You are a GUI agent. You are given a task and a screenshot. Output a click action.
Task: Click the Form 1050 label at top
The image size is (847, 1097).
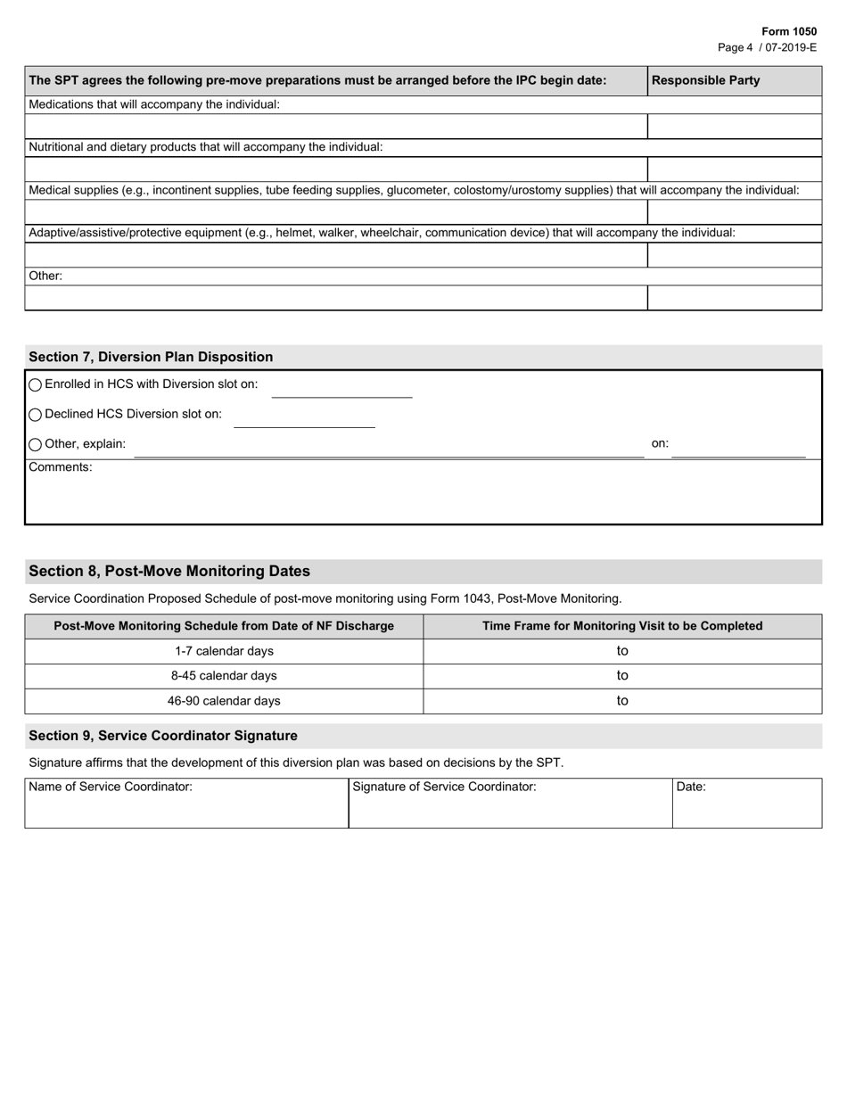pyautogui.click(x=788, y=31)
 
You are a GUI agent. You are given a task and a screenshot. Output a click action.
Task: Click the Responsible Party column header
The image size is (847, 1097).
pyautogui.click(x=705, y=80)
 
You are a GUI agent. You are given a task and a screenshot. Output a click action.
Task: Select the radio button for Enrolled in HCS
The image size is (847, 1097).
pyautogui.click(x=36, y=385)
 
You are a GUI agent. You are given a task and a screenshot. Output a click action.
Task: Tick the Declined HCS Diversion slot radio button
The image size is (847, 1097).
pyautogui.click(x=36, y=415)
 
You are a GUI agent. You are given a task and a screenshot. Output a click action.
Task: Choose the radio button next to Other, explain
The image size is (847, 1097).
pyautogui.click(x=36, y=444)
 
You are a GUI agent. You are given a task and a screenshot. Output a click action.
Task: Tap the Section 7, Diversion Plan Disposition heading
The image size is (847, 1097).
pyautogui.click(x=151, y=357)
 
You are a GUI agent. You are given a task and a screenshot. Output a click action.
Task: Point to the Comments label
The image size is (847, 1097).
pyautogui.click(x=60, y=467)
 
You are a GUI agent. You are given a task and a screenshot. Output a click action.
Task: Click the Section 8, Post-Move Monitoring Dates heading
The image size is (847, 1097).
pyautogui.click(x=169, y=571)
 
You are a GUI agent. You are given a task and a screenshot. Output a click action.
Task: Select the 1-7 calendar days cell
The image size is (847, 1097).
pyautogui.click(x=224, y=651)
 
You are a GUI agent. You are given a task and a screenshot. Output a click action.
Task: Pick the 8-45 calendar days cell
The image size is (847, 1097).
pyautogui.click(x=224, y=676)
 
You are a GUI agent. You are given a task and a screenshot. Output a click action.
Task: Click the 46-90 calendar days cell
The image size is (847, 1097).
pyautogui.click(x=224, y=701)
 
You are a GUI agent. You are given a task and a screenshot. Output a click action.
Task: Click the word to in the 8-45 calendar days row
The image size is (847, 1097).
pyautogui.click(x=622, y=676)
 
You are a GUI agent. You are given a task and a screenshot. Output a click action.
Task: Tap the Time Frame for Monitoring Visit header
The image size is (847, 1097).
pyautogui.click(x=622, y=626)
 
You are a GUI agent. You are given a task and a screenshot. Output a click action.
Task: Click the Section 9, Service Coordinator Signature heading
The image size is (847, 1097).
pyautogui.click(x=163, y=736)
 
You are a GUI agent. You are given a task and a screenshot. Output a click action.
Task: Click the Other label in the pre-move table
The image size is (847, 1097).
pyautogui.click(x=45, y=276)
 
